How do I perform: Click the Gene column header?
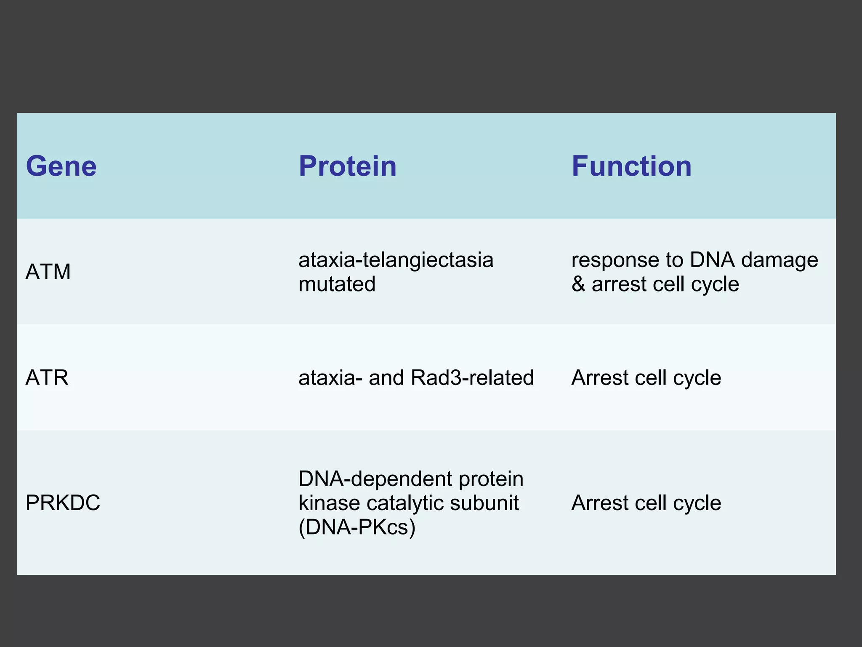click(61, 166)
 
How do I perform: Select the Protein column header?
click(347, 166)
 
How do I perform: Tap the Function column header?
click(631, 166)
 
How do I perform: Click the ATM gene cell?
click(48, 272)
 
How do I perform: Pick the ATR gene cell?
click(47, 377)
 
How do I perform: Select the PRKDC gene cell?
click(63, 503)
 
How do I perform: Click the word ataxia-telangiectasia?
click(396, 259)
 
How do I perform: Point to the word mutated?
click(337, 284)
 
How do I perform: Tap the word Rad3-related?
click(472, 377)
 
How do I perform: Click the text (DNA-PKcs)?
click(357, 527)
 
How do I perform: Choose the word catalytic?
click(406, 503)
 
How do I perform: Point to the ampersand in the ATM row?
click(578, 284)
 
